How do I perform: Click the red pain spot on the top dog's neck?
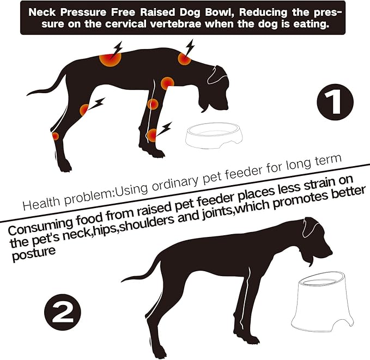pyautogui.click(x=184, y=59)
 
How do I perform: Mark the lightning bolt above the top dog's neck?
pyautogui.click(x=189, y=46)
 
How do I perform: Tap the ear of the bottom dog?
pyautogui.click(x=311, y=225)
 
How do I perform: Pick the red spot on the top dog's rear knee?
pyautogui.click(x=84, y=109)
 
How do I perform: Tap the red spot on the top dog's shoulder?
pyautogui.click(x=167, y=83)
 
